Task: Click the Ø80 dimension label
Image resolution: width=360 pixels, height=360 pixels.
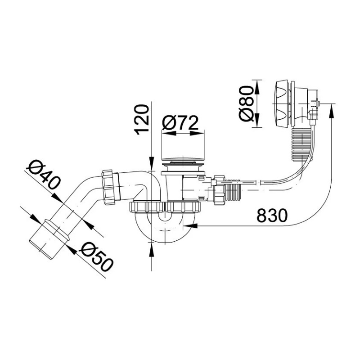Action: (x=246, y=103)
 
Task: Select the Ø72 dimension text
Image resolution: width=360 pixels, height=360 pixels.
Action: (x=180, y=123)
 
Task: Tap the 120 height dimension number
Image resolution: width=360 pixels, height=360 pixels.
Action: (x=142, y=120)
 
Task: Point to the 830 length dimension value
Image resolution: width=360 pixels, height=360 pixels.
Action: (x=272, y=216)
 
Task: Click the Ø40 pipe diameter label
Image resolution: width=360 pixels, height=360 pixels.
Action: (x=43, y=175)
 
